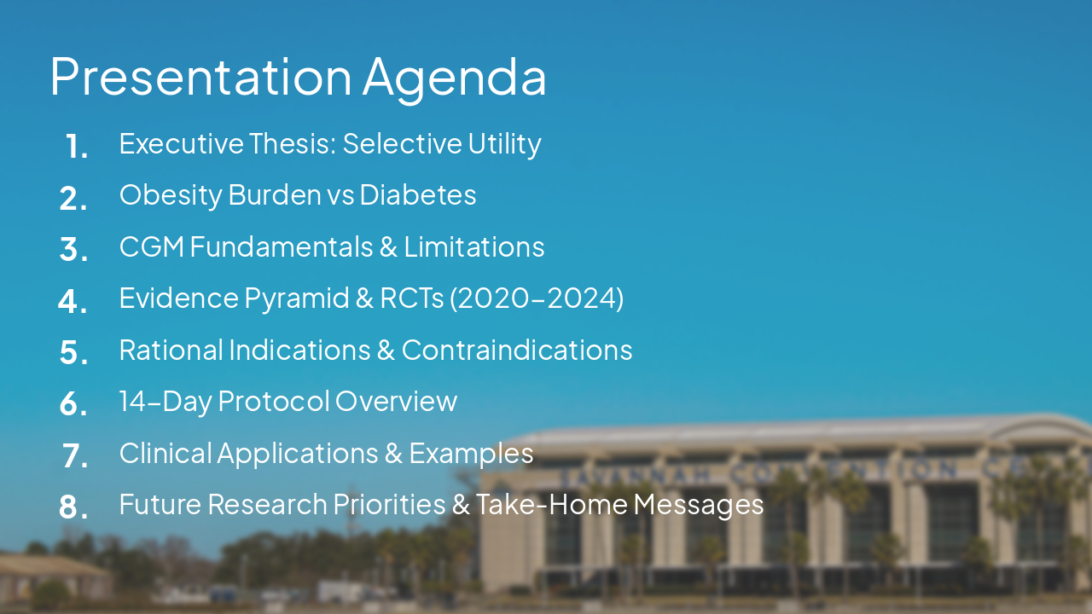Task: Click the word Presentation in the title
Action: pos(200,77)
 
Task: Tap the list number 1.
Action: pos(76,148)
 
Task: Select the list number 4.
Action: pos(73,301)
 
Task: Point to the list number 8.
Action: pos(73,507)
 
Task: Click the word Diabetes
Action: pos(417,194)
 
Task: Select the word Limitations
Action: pos(473,246)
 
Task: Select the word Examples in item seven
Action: pos(471,453)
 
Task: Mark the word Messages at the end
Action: pos(699,505)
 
